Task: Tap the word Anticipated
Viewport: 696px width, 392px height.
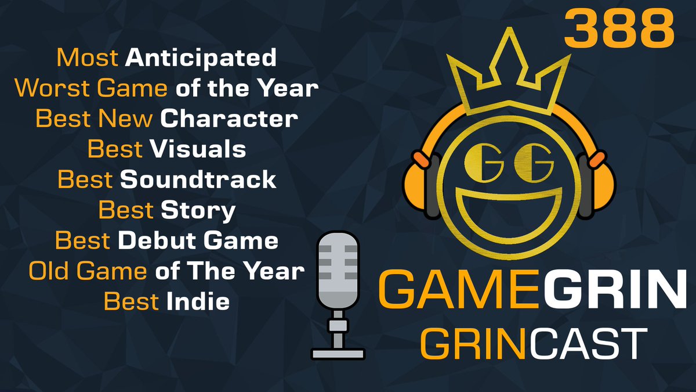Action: [201, 57]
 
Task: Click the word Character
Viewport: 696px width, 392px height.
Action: [229, 119]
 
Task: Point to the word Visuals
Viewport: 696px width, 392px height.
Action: [198, 149]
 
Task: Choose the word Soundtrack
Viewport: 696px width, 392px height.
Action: [198, 180]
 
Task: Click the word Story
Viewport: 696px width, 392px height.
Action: [198, 210]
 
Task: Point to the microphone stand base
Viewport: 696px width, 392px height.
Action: [338, 353]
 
